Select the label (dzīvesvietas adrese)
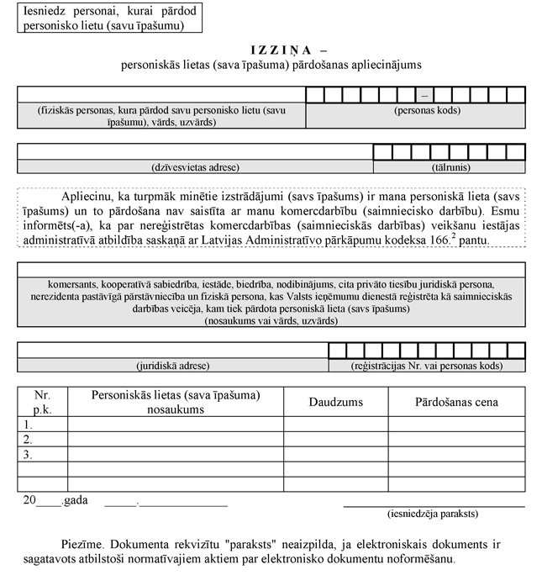[x=195, y=166]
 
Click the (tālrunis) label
[x=449, y=166]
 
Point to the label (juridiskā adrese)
[x=172, y=366]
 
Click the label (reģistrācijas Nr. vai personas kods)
[x=427, y=366]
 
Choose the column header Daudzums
[x=335, y=402]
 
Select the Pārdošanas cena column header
[x=456, y=402]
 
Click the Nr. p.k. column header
[x=42, y=402]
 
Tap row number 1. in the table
[x=29, y=425]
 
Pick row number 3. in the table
[x=29, y=455]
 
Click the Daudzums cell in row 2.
[x=335, y=440]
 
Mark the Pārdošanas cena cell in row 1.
[x=456, y=425]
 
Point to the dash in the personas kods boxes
[x=426, y=93]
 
